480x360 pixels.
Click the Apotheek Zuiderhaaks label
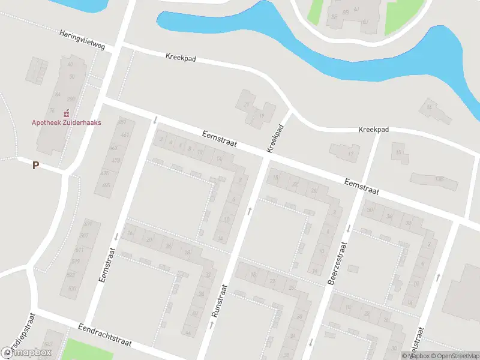(66, 122)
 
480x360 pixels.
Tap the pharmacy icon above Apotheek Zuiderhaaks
(66, 113)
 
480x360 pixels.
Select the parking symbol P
(35, 165)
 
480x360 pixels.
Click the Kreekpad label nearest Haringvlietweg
(181, 58)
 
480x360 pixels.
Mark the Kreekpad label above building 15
(373, 130)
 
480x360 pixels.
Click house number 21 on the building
(246, 105)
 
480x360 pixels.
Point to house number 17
(350, 154)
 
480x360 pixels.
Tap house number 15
(398, 152)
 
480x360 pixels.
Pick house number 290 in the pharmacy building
(71, 99)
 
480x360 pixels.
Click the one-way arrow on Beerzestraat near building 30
(349, 228)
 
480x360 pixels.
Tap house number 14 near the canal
(428, 107)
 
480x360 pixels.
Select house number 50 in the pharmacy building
(72, 76)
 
